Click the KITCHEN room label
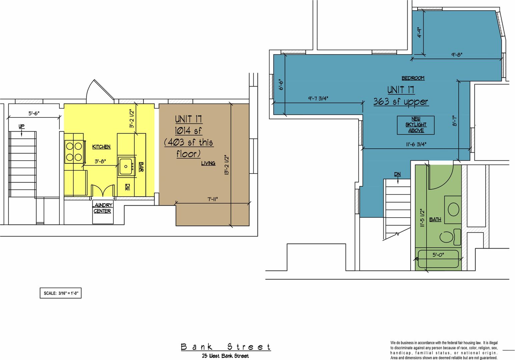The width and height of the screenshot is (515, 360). (101, 147)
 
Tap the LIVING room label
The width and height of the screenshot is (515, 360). (208, 163)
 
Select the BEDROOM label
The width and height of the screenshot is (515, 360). (413, 78)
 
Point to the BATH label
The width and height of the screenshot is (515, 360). (435, 219)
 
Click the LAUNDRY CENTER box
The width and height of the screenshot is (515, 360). (103, 212)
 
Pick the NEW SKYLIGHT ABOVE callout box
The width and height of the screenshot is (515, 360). (416, 125)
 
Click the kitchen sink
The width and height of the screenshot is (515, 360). (126, 166)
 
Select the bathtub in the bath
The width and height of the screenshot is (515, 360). (438, 259)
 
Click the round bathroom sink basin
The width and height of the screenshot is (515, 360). (453, 209)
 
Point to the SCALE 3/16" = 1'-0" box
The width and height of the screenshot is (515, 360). (61, 293)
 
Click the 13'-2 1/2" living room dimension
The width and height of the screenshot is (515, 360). (227, 165)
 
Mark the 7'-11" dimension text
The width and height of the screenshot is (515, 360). (212, 199)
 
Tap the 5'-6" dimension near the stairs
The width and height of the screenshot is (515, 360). (34, 113)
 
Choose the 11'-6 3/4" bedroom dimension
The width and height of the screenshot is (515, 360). (416, 144)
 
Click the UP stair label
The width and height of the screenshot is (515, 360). (21, 126)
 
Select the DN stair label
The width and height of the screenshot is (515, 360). (397, 174)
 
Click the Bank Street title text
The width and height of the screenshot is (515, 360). (226, 347)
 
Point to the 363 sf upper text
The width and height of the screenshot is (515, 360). (401, 102)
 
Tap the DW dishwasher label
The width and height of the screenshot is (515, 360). (127, 187)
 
